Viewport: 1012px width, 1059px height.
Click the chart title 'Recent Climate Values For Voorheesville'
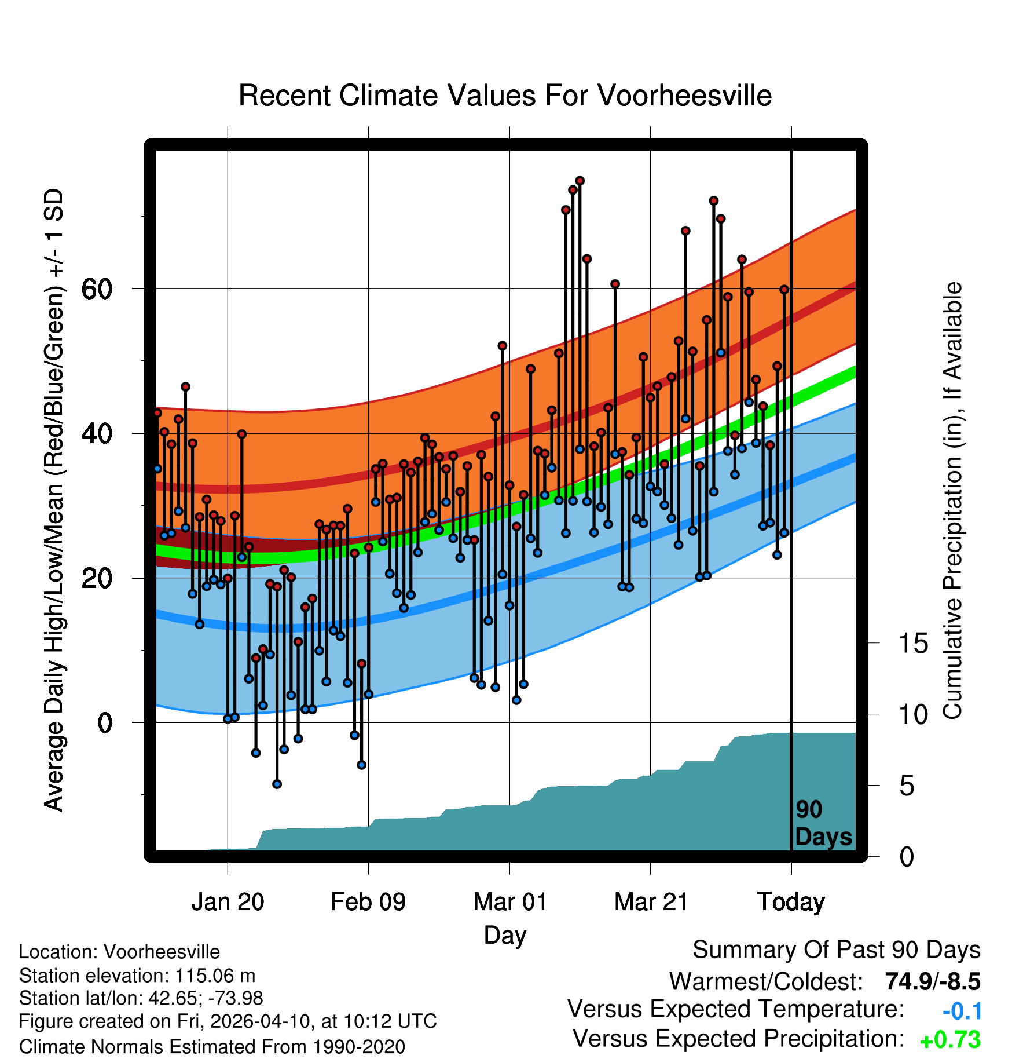(505, 96)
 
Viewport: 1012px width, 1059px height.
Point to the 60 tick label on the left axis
(97, 289)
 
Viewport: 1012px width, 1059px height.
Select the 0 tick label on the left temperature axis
(105, 722)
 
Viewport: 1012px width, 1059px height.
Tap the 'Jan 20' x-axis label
(228, 902)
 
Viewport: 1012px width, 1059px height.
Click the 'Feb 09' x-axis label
(368, 902)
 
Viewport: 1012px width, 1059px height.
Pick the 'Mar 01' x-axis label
(509, 902)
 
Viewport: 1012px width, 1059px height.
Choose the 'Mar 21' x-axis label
(651, 902)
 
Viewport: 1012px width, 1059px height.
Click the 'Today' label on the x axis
(791, 902)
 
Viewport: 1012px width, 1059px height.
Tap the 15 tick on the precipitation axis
(913, 644)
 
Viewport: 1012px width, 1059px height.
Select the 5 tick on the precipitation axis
(907, 786)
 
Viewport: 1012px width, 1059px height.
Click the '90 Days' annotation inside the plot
(823, 823)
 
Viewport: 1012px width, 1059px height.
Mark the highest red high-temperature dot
(580, 181)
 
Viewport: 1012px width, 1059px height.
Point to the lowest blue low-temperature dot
(277, 784)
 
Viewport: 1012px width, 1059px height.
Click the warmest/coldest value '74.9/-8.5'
(933, 981)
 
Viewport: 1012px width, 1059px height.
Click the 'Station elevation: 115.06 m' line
(137, 976)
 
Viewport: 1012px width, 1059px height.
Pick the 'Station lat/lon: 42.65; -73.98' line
(141, 998)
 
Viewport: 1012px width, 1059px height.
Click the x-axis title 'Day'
(505, 935)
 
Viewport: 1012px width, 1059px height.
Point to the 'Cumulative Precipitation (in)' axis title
(952, 501)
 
